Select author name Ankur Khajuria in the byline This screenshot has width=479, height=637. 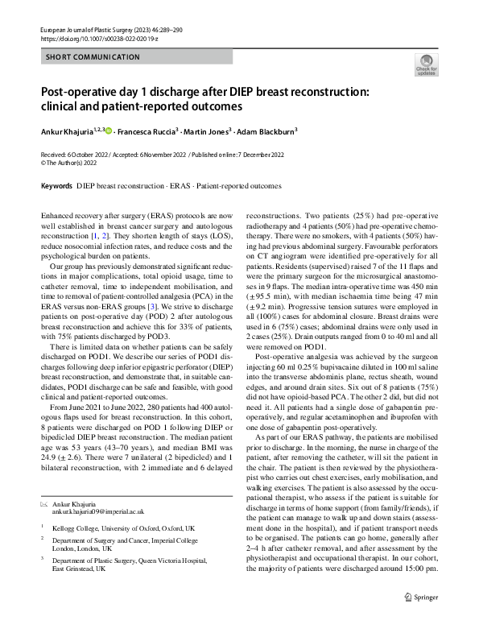[x=65, y=130]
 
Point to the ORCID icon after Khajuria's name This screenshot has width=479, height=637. [x=109, y=130]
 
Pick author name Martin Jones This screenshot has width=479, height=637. [x=209, y=130]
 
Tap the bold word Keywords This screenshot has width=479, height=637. [x=56, y=185]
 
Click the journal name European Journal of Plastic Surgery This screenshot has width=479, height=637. [x=82, y=28]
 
